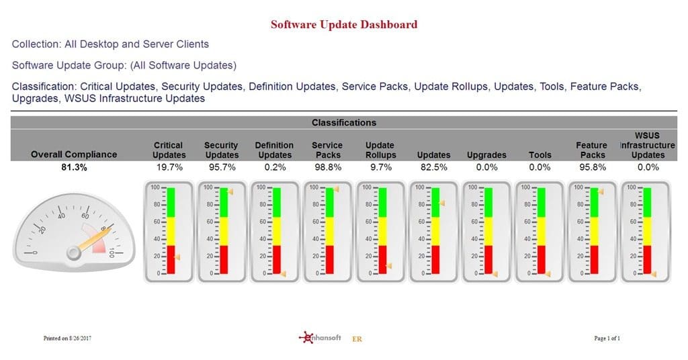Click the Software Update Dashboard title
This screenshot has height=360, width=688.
(344, 25)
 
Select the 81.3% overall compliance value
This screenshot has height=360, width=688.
(74, 167)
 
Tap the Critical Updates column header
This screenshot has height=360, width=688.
(169, 150)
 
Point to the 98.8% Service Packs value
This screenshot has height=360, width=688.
(328, 167)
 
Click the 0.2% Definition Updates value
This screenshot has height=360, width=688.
(275, 167)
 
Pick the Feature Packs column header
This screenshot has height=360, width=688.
(593, 150)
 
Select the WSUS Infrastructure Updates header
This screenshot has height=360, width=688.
(648, 145)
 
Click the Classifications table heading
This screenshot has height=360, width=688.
(344, 123)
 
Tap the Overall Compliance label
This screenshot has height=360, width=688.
(74, 154)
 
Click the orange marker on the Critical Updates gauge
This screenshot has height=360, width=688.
(177, 258)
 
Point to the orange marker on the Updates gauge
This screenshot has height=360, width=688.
(442, 204)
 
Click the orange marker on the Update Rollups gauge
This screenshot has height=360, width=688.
(389, 266)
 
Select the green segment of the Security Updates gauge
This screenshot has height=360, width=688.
(224, 203)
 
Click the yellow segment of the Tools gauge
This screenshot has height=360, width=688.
(542, 231)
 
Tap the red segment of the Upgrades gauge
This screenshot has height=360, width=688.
(488, 259)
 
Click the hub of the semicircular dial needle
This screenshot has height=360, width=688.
(73, 253)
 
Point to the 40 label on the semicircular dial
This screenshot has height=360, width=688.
(61, 216)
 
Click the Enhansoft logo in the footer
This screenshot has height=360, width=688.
(320, 338)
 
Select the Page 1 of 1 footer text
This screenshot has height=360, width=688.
(607, 338)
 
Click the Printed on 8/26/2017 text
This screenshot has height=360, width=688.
(67, 338)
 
